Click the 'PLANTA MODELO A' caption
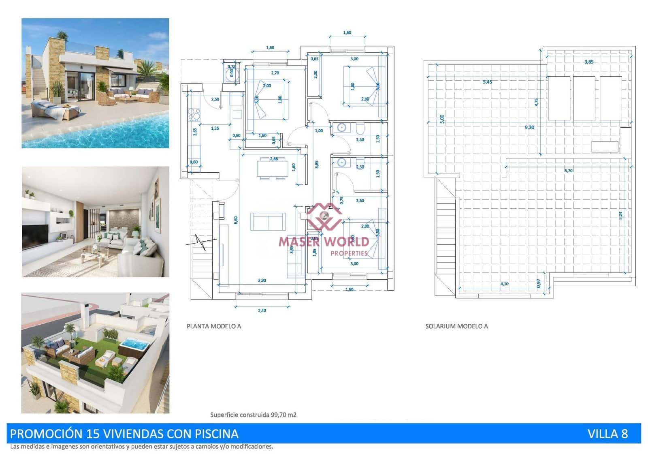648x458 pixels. (213, 326)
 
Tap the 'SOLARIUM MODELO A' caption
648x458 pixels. (456, 326)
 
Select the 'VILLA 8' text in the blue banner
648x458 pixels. (607, 434)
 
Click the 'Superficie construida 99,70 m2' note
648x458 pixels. (253, 415)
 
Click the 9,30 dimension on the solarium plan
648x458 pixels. (529, 127)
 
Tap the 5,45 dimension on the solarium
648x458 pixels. (487, 82)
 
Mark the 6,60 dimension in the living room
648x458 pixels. (236, 220)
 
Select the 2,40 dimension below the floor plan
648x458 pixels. (262, 311)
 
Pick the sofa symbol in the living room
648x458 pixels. (268, 221)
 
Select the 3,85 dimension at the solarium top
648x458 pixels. (589, 62)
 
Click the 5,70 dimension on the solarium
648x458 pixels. (568, 171)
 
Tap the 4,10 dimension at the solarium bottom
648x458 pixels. (504, 284)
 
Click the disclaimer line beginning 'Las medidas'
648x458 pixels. (142, 447)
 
